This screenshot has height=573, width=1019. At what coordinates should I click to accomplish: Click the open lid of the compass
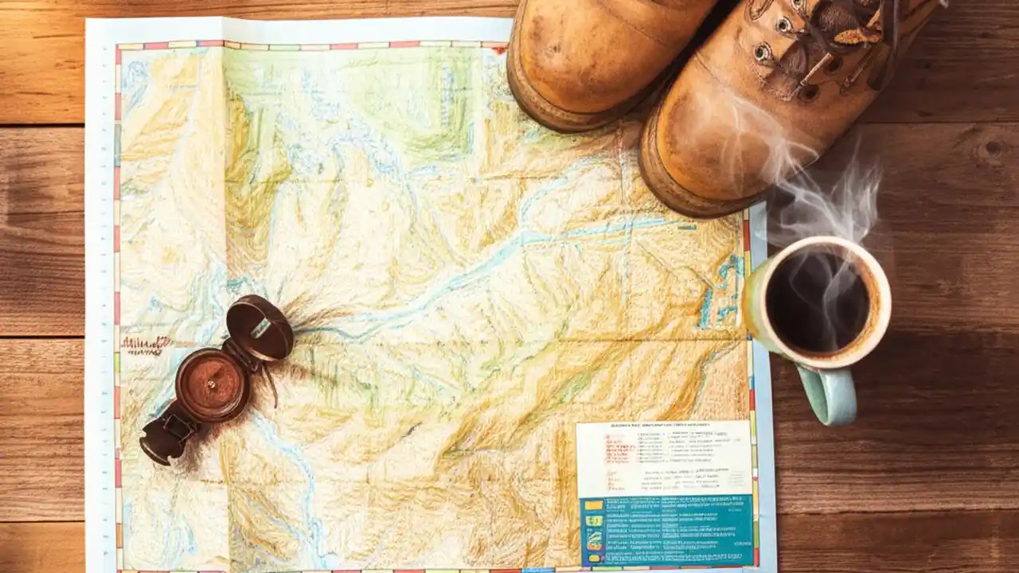pos(260,327)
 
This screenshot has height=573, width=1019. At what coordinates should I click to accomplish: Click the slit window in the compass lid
pos(260,327)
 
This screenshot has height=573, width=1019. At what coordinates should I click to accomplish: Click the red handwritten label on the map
pos(146,345)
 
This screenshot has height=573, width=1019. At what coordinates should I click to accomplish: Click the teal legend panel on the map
pos(667,528)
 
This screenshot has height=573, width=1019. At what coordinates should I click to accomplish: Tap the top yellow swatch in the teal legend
pos(594,505)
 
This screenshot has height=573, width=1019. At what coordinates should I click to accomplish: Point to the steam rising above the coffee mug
pos(828,191)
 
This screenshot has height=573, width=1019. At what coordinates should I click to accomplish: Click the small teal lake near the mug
pos(721,294)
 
